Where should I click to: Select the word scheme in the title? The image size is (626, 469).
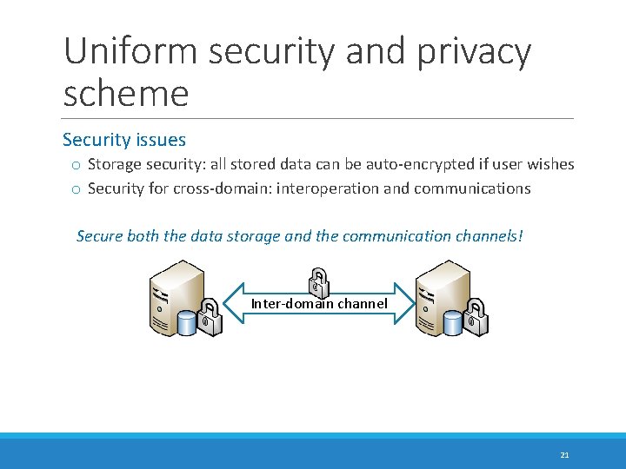tap(125, 94)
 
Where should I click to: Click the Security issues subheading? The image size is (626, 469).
tap(124, 140)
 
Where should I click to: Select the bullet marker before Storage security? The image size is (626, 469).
tap(77, 165)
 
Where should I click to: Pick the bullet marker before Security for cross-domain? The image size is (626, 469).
tap(77, 189)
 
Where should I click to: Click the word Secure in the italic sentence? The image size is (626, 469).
tap(100, 235)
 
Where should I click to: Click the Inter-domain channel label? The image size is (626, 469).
tap(319, 303)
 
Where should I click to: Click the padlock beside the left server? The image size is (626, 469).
tap(210, 316)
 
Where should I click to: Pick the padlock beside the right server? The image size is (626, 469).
tap(476, 316)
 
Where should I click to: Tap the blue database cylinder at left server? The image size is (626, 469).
tap(188, 323)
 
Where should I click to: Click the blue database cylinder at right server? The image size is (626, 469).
tap(453, 323)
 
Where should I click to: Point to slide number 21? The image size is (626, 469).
tap(564, 454)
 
